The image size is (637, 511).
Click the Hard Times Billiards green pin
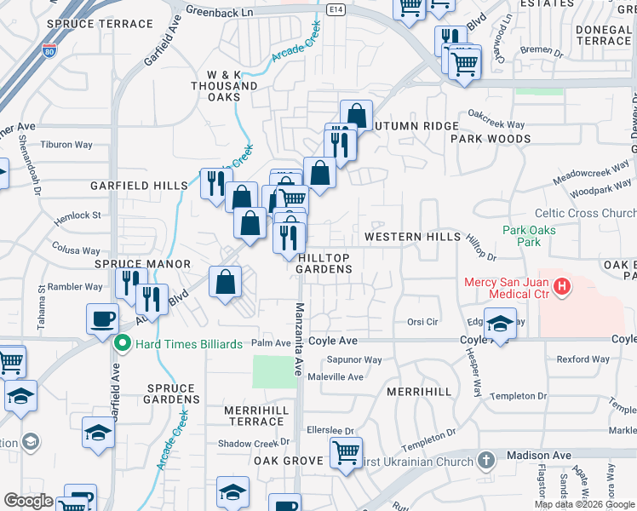(122, 343)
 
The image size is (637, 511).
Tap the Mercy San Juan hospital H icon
(561, 288)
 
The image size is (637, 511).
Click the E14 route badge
(336, 10)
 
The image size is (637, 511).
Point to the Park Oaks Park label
(529, 236)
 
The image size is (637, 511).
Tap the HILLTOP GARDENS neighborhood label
(324, 263)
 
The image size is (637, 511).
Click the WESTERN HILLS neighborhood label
(412, 237)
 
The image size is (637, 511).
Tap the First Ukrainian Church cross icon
(486, 461)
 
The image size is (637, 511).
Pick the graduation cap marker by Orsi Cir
(501, 324)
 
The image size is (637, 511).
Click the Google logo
(28, 501)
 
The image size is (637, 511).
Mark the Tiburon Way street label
(66, 145)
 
